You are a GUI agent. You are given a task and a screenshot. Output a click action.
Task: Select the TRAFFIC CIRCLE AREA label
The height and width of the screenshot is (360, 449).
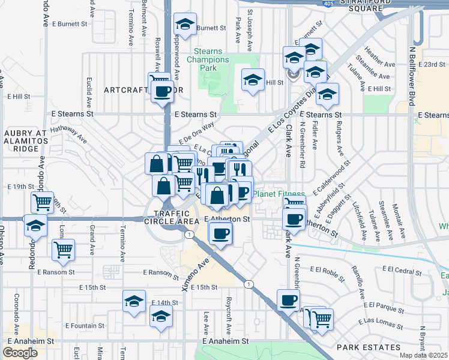175,217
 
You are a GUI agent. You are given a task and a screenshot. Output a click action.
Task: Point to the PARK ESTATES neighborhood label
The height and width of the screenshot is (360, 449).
368,347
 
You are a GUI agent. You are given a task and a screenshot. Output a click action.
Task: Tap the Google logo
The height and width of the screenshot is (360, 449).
20,353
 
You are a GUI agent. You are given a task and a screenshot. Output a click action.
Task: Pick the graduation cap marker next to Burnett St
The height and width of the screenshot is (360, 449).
185,25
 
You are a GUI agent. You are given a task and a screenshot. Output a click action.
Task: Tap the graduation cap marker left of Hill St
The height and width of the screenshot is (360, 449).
253,79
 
